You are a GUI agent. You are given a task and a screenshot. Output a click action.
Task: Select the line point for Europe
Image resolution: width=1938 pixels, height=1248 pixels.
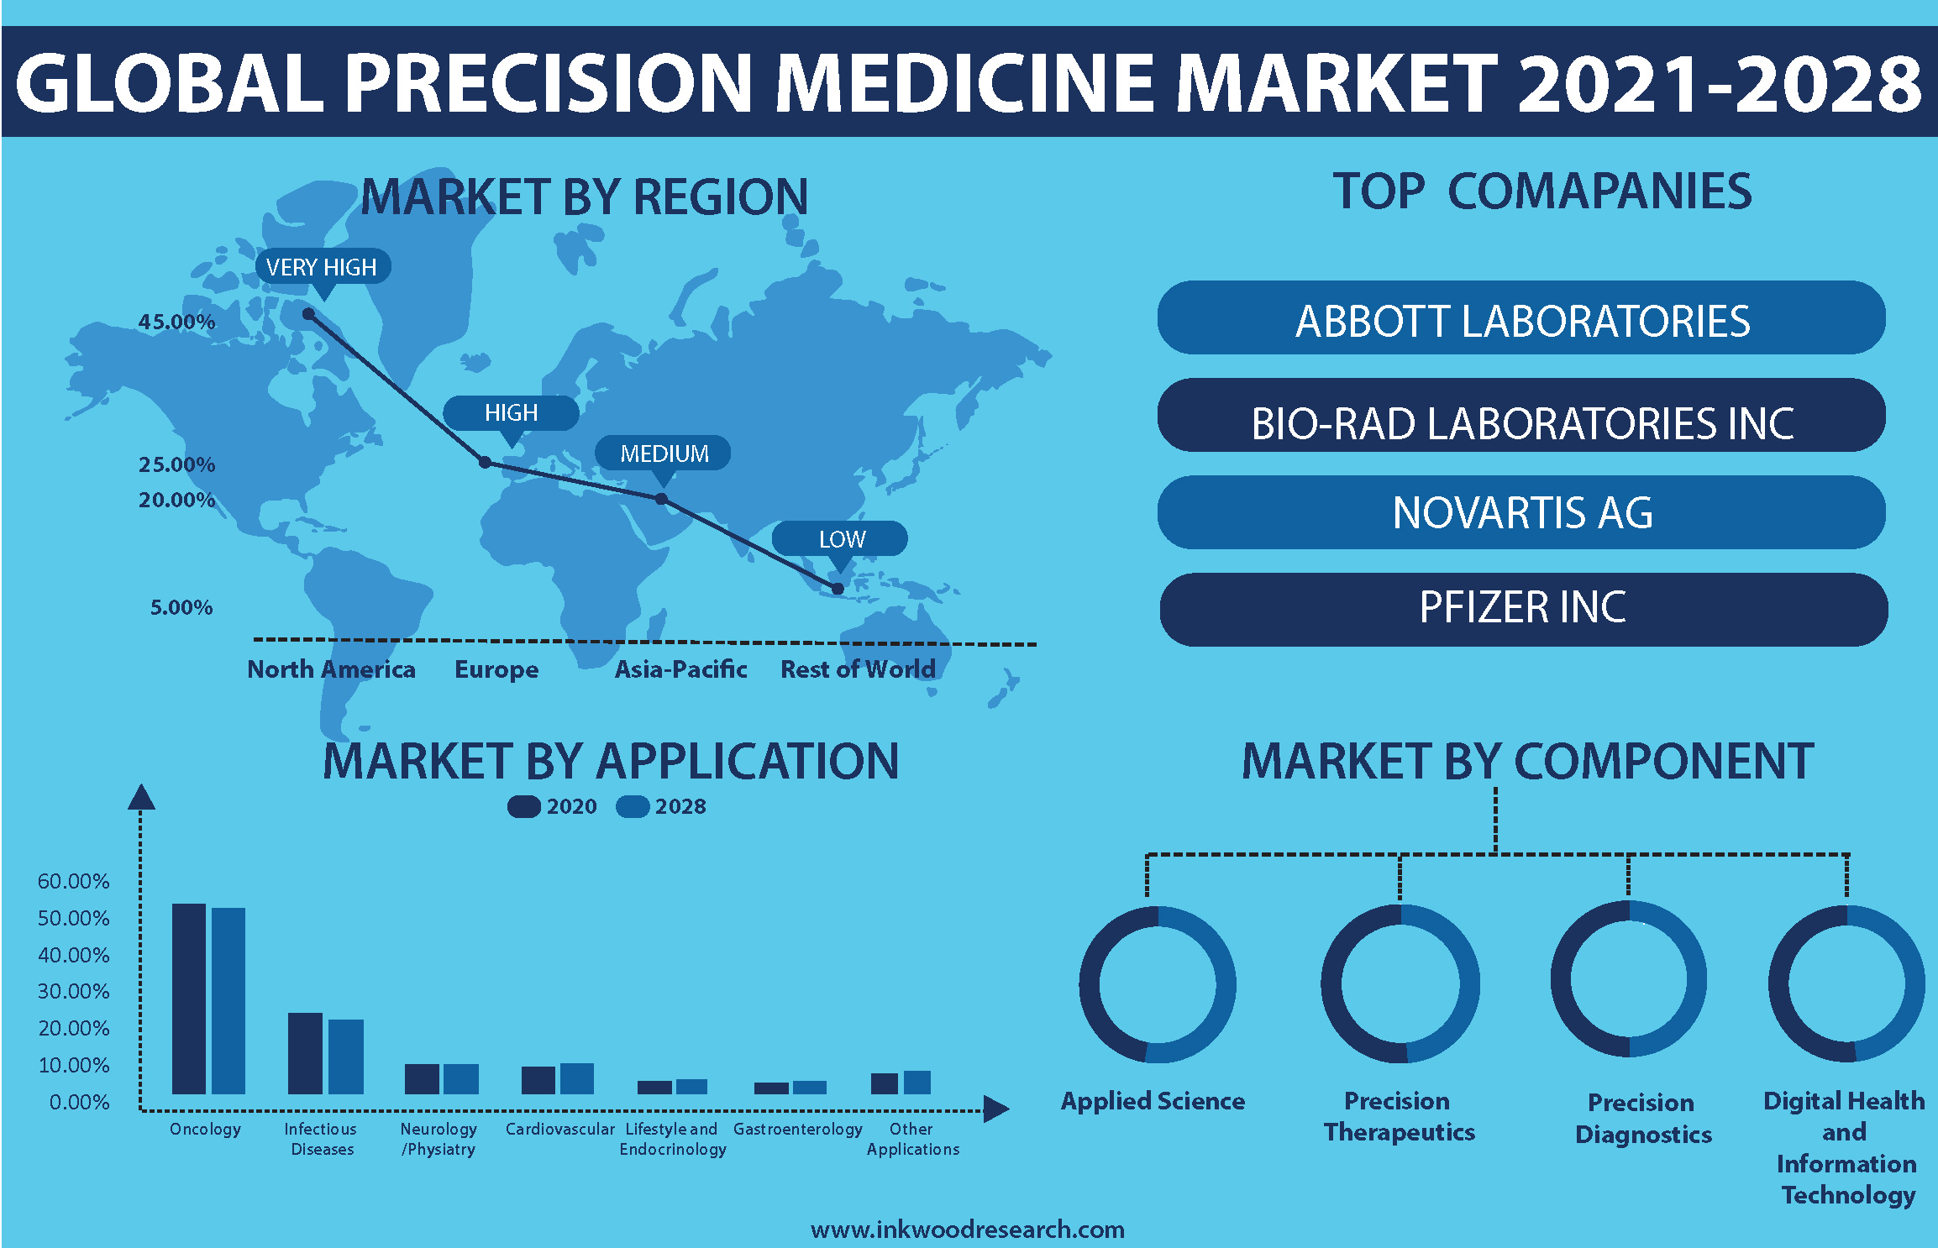485,462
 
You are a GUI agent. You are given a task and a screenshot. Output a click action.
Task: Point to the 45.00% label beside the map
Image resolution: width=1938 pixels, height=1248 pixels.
176,322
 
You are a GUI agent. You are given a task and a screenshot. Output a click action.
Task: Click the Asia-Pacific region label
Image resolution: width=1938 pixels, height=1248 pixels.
680,669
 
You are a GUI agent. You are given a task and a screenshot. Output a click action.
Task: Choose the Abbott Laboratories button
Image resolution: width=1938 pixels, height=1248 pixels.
1521,318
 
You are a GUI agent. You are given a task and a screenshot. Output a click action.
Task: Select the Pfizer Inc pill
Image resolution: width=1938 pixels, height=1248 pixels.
1523,609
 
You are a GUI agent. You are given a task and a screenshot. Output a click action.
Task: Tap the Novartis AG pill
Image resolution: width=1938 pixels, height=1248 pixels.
1521,512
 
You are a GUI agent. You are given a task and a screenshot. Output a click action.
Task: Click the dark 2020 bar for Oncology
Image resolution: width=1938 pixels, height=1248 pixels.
189,999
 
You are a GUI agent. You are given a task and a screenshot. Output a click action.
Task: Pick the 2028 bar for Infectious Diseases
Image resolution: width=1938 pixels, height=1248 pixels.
346,1057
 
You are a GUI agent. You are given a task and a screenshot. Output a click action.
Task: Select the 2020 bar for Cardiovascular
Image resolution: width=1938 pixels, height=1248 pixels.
538,1080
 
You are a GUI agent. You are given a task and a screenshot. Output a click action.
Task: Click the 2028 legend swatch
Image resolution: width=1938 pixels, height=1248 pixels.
633,806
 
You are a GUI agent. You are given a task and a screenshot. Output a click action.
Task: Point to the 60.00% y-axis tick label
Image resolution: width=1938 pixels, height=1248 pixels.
74,881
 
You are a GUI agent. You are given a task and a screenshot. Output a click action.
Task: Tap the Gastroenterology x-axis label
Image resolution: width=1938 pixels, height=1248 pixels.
798,1130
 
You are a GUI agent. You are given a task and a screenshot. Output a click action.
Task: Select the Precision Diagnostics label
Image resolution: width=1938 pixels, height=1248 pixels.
1643,1118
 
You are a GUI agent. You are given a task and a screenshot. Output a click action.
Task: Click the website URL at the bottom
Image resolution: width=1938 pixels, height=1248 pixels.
968,1230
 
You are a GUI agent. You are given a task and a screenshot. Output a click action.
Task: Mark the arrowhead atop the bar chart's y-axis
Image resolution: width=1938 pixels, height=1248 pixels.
141,797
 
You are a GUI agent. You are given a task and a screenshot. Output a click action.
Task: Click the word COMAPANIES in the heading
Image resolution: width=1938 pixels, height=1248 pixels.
1600,191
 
